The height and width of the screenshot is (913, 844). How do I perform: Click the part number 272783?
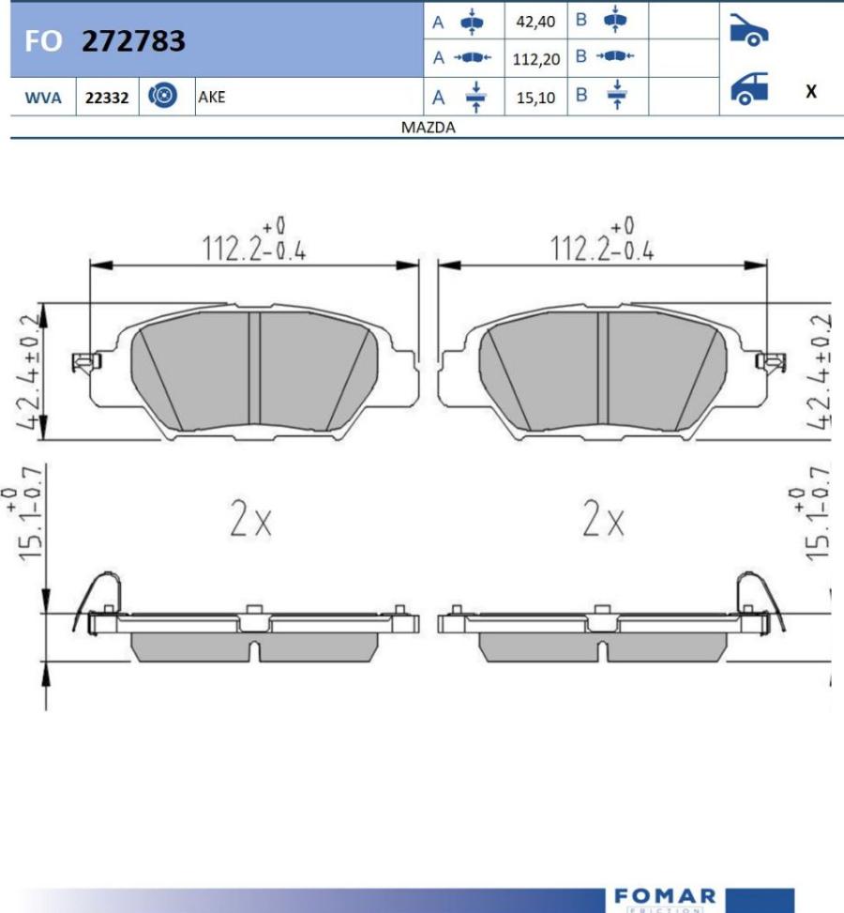[133, 41]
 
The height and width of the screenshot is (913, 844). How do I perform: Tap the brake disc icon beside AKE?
[163, 96]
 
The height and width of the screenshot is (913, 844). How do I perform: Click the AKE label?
[212, 97]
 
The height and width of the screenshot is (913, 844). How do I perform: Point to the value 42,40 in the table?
[536, 21]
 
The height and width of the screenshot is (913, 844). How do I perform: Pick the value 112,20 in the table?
[536, 59]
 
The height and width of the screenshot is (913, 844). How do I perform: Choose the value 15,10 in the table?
[536, 97]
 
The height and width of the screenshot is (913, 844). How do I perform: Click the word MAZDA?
[428, 128]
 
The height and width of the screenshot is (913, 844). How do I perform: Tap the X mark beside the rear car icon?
[811, 91]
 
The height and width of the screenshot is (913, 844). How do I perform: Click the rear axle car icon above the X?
[748, 89]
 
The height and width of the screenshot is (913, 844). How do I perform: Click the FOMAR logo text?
[665, 896]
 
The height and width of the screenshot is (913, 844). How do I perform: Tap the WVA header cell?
[43, 97]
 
